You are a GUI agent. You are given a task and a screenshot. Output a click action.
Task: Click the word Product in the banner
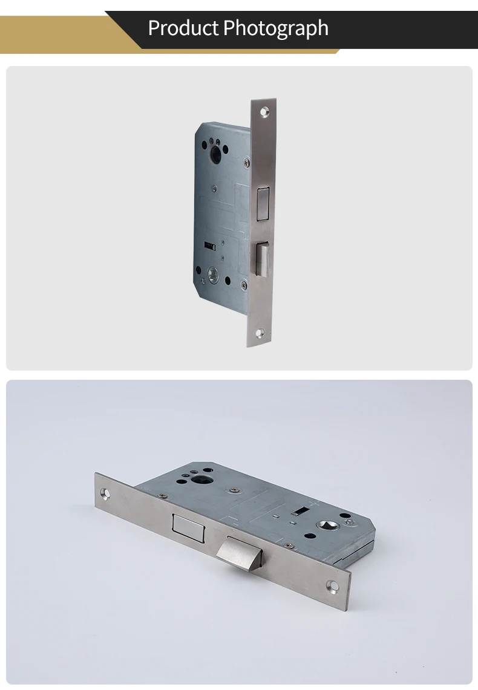coord(183,28)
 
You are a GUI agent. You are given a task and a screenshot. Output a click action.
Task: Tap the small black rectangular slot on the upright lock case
coord(211,246)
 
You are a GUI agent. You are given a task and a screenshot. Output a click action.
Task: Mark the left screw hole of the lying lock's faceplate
coord(108,493)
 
